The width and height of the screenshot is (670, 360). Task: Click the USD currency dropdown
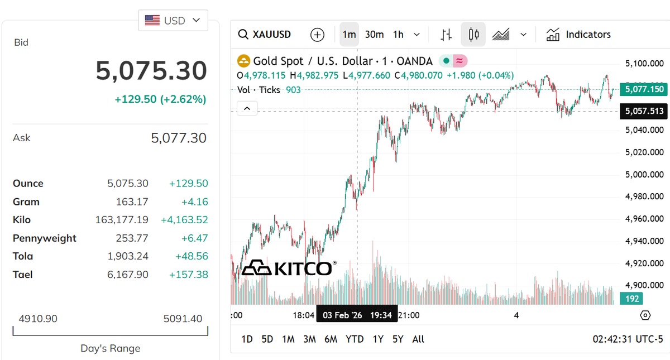coord(173,20)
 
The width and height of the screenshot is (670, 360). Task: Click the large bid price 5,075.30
coord(151,71)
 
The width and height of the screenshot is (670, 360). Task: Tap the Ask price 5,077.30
coord(179,138)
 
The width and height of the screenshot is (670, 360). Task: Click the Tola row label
coord(23,256)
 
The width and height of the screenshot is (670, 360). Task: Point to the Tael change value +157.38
coord(188,275)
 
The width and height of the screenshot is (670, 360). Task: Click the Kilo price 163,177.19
coord(122,220)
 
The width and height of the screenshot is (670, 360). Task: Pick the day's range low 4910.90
coord(38,319)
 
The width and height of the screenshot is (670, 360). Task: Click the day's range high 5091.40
coord(183,319)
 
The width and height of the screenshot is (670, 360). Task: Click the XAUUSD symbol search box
coord(265,35)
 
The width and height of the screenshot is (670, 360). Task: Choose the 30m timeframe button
coord(374,35)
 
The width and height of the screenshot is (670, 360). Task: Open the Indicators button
coord(578,35)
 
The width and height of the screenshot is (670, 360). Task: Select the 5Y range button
coord(398,339)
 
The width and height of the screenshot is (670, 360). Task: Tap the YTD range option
coord(355,339)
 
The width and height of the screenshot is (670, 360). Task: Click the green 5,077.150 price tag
coord(644,89)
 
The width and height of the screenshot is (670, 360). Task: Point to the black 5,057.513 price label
coord(644,111)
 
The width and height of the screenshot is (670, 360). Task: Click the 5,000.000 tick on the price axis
coord(644,174)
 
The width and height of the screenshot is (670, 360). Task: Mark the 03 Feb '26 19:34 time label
coord(357,315)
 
